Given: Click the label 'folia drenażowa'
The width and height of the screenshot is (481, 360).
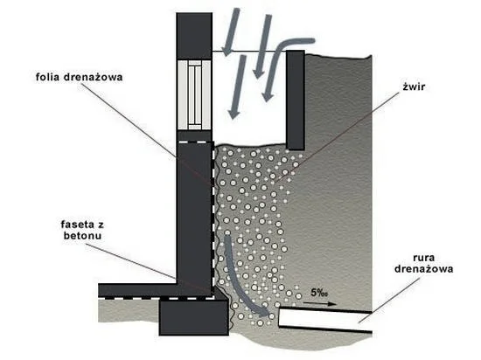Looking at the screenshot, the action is pyautogui.click(x=79, y=77).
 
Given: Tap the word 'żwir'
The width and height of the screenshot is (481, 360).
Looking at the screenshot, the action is pyautogui.click(x=414, y=87).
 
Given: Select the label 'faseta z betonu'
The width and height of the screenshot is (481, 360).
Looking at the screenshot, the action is pyautogui.click(x=82, y=230).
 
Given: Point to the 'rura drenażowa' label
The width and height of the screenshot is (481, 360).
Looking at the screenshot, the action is pyautogui.click(x=423, y=264).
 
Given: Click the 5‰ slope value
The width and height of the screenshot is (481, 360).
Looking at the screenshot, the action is pyautogui.click(x=319, y=293).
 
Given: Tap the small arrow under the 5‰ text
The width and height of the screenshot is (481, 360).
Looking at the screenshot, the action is pyautogui.click(x=319, y=304).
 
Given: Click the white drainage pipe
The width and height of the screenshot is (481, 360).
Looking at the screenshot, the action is pyautogui.click(x=325, y=320).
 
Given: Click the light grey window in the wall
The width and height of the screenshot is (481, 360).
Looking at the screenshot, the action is pyautogui.click(x=194, y=95).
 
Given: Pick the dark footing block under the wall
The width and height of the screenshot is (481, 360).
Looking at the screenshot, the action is pyautogui.click(x=194, y=317).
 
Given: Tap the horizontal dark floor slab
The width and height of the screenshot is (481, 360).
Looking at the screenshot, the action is pyautogui.click(x=137, y=289).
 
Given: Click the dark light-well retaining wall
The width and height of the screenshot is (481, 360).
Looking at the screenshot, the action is pyautogui.click(x=296, y=100).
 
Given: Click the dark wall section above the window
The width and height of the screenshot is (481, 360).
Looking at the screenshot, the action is pyautogui.click(x=194, y=36).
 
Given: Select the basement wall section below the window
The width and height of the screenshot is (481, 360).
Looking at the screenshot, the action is pyautogui.click(x=194, y=213).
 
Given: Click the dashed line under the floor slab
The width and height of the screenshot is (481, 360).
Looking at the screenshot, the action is pyautogui.click(x=157, y=297).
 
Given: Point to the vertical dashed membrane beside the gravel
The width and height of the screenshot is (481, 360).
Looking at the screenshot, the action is pyautogui.click(x=213, y=220).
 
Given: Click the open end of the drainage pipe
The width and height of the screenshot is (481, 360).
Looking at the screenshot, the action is pyautogui.click(x=279, y=318).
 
